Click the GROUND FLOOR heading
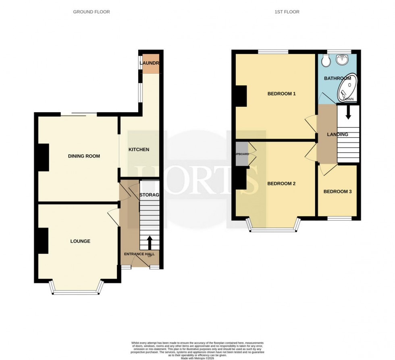point(91,12)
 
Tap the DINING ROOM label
point(84,156)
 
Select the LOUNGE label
point(80,241)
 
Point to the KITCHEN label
point(139,149)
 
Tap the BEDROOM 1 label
point(282,94)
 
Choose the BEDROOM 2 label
point(282,184)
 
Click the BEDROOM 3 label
point(337,192)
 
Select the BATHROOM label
point(338,79)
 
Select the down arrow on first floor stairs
point(348,112)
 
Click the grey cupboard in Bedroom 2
point(242,154)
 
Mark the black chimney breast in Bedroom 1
point(241,96)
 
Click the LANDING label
point(337,134)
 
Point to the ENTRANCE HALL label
point(139,254)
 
